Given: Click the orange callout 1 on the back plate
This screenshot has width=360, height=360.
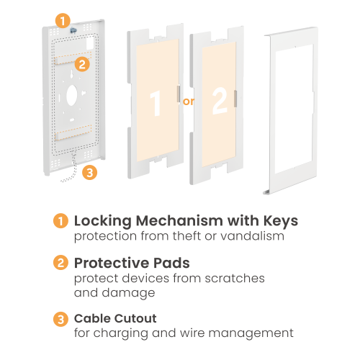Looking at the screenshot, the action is [63, 21].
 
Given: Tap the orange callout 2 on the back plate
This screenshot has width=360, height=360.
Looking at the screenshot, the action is [82, 64].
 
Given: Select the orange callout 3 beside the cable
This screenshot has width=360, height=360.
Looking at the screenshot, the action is [89, 172].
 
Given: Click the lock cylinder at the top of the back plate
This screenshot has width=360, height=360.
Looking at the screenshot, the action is [73, 30].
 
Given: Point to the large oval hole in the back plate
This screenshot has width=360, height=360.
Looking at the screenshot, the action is [72, 95].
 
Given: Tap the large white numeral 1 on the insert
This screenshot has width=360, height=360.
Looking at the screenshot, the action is [156, 104].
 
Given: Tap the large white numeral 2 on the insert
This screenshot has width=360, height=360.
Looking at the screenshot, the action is [220, 101].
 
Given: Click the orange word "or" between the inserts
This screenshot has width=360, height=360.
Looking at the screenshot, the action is [188, 102].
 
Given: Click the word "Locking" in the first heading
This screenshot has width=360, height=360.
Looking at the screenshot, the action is [103, 221].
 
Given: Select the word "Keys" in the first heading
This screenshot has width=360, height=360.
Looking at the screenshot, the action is [281, 221].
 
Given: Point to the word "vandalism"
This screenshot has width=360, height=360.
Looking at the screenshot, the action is [253, 236].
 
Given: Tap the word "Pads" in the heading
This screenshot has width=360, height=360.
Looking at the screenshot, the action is [171, 263].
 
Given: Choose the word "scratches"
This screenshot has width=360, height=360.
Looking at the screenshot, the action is [235, 279].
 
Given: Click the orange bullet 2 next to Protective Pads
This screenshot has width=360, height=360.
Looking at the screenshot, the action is [60, 262].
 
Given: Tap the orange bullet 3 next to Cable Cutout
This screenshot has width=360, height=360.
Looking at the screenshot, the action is [60, 319].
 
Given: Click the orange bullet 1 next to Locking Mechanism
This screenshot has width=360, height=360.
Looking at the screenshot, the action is [60, 220].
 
